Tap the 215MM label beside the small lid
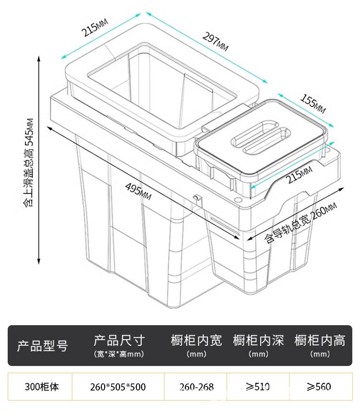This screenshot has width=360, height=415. [299, 176]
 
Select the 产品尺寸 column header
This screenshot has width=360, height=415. [119, 346]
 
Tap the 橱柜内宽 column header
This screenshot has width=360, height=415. [196, 346]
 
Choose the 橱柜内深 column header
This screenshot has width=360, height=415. [258, 346]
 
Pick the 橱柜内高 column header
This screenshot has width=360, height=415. [320, 346]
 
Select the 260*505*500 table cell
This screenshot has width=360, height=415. [118, 387]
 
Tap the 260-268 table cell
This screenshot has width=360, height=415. [196, 387]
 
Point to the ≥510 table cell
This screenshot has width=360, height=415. [258, 387]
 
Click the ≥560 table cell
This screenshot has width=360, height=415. [319, 387]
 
